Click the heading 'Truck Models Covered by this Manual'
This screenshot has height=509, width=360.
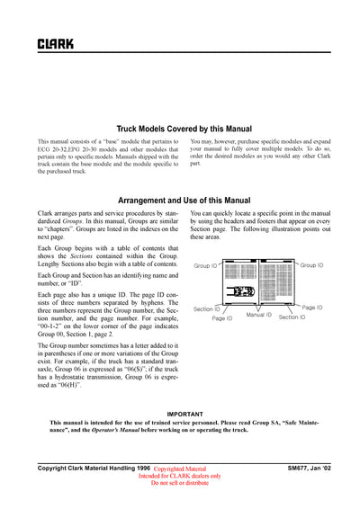tap(184, 129)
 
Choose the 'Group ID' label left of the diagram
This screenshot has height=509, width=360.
tap(206, 265)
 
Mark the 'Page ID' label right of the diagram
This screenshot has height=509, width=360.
tap(311, 308)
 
